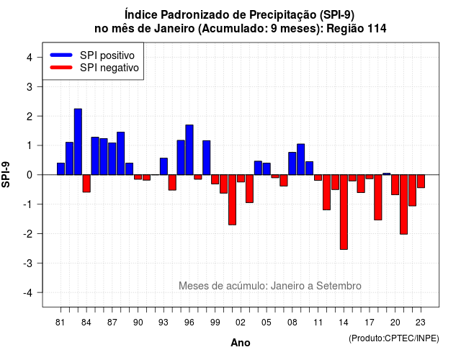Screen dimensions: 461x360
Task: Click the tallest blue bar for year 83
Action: [78, 142]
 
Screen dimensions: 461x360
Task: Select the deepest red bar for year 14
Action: [344, 212]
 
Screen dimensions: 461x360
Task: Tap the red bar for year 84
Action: [86, 184]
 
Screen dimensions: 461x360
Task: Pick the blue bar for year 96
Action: [189, 150]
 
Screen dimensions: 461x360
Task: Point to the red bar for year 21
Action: [403, 204]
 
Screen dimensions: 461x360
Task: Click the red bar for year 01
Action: [232, 200]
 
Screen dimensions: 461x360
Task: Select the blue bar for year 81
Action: [61, 168]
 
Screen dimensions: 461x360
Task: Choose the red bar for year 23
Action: [421, 181]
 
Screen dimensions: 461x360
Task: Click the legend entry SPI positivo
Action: [92, 55]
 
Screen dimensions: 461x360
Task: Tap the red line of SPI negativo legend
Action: [61, 68]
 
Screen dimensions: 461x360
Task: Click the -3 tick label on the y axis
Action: [29, 264]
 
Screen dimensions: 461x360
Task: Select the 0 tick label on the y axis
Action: [30, 175]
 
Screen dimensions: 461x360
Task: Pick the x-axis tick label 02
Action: [240, 323]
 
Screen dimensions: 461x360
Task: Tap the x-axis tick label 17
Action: [370, 323]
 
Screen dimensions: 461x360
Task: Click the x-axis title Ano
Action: [241, 343]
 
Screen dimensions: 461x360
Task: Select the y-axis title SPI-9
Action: [6, 174]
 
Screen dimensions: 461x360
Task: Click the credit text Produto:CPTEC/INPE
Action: [394, 338]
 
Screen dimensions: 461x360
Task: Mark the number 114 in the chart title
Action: [377, 29]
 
